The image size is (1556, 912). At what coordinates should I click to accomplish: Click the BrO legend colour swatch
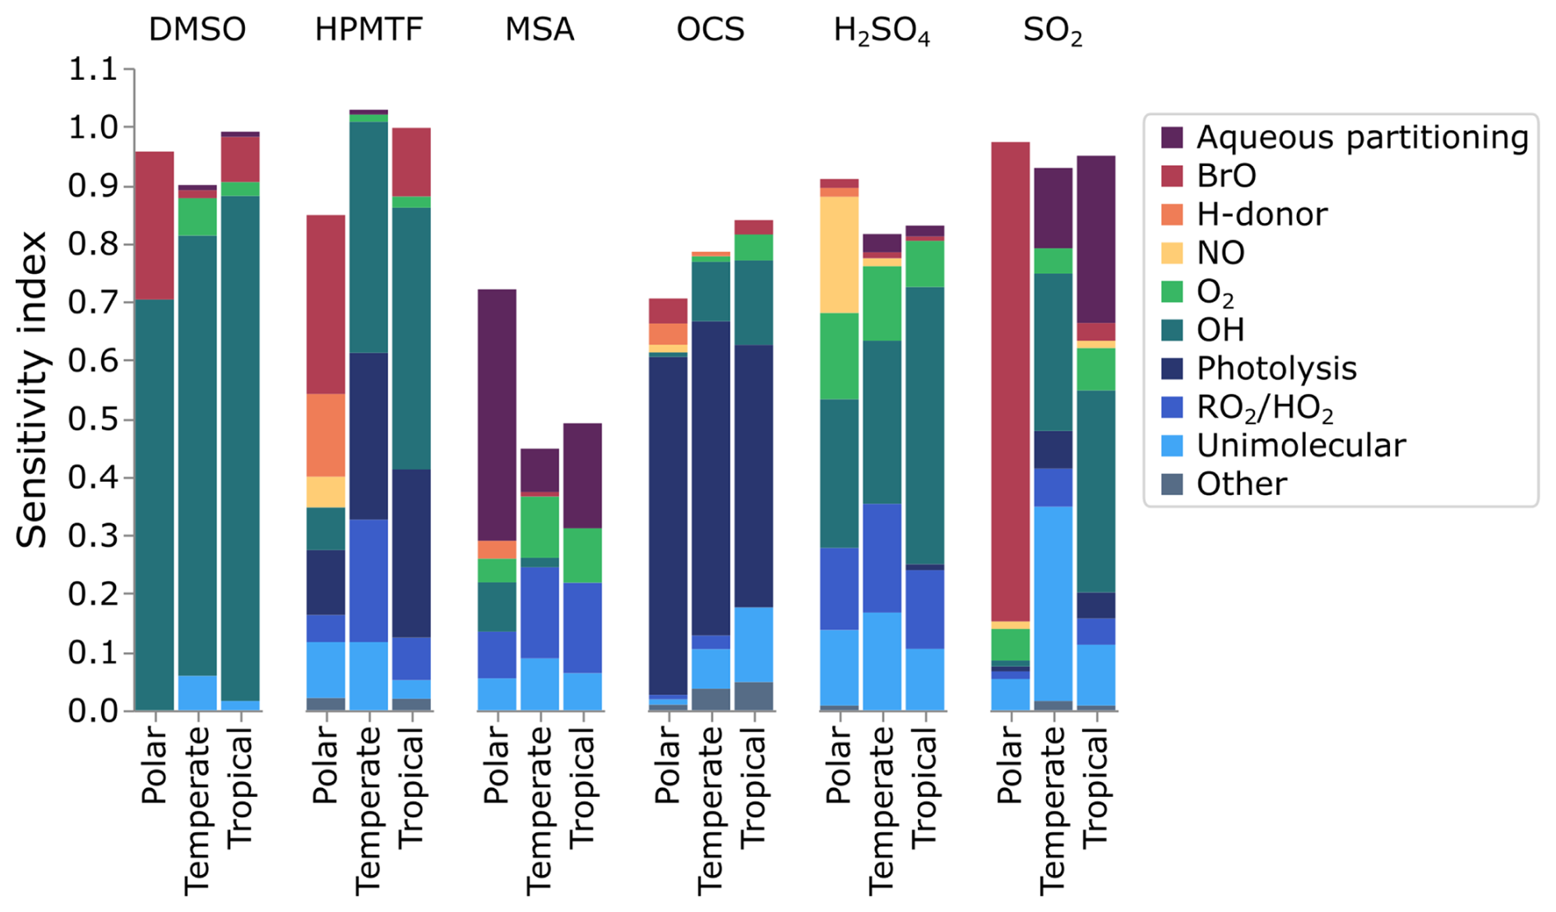[x=1172, y=176]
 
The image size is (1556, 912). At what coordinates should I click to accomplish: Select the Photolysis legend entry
[x=1276, y=368]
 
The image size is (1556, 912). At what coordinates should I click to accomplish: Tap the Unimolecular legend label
[x=1300, y=446]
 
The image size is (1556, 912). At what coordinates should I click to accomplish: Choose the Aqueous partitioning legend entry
[x=1361, y=137]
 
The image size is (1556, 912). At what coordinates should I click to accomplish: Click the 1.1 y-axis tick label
[x=92, y=70]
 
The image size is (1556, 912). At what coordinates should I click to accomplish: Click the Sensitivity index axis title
[x=33, y=389]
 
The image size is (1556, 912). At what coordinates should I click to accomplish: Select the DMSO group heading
[x=197, y=30]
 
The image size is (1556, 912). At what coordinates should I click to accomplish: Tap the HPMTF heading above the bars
[x=368, y=30]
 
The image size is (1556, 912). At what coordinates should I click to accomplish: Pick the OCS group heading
[x=710, y=30]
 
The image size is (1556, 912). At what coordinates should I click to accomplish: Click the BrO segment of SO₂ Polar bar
[x=1010, y=378]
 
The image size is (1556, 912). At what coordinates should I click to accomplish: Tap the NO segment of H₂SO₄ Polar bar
[x=839, y=254]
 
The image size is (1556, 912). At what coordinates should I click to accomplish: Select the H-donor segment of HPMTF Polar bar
[x=326, y=434]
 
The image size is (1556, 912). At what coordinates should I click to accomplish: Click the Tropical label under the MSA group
[x=582, y=789]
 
